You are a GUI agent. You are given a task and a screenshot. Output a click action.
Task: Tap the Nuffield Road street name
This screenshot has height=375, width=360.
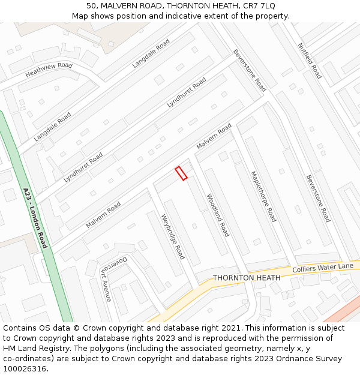coord(310,61)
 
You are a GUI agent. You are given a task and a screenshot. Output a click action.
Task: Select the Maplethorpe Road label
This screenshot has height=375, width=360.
coord(263,197)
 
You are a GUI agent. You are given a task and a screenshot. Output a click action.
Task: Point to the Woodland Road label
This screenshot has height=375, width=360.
coord(218,215)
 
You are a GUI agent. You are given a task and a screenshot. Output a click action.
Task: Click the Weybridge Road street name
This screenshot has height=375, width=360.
coord(173,236)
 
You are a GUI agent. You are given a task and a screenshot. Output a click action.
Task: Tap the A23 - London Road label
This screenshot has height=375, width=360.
coord(35,218)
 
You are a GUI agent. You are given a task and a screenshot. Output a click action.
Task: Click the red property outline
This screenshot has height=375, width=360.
coord(181,173)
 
